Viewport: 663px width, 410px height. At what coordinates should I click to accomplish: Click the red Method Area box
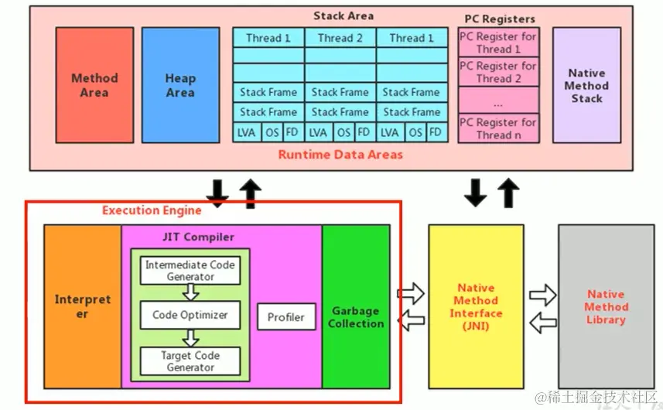point(94,84)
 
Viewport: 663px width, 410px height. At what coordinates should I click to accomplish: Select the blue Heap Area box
point(180,84)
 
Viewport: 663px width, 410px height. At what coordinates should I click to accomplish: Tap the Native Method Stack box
point(586,85)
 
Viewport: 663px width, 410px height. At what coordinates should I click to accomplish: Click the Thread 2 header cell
point(340,38)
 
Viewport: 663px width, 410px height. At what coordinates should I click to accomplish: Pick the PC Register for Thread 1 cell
point(497,43)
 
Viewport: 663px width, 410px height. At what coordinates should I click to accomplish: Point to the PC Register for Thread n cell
point(497,128)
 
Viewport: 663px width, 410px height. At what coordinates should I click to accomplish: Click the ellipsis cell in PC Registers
point(497,102)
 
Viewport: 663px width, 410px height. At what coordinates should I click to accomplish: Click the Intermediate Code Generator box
point(190,271)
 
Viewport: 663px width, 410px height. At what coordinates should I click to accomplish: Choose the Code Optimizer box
point(190,315)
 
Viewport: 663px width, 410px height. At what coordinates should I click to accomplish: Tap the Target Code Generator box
point(190,361)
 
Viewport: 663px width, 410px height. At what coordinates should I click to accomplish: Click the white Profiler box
point(286,316)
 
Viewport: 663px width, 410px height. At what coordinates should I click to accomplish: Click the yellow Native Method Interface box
point(476,306)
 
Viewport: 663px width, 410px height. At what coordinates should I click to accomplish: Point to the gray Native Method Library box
point(606,306)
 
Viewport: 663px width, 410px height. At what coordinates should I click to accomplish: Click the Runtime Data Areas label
point(340,155)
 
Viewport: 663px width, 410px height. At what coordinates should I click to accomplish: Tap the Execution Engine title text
point(152,210)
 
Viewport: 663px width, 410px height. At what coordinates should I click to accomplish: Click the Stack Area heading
point(343,15)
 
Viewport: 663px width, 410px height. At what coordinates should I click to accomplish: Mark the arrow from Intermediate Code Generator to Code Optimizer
point(190,293)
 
